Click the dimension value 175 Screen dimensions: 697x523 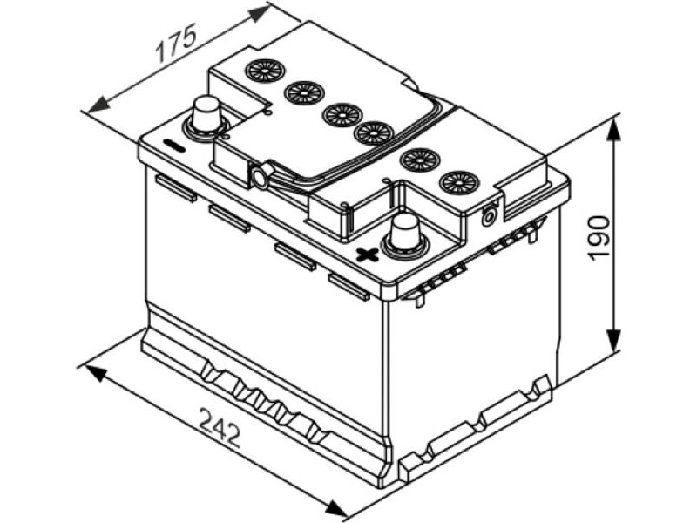(176, 44)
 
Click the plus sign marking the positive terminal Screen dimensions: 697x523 (368, 255)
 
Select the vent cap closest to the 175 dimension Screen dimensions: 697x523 (266, 71)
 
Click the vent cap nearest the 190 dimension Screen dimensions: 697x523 (459, 182)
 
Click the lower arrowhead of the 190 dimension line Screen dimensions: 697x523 (613, 340)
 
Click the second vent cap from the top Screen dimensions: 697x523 (304, 93)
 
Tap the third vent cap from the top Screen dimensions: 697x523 (342, 114)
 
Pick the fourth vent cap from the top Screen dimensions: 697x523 (374, 133)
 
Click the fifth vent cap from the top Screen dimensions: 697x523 (420, 160)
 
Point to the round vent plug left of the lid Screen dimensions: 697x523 (259, 177)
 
